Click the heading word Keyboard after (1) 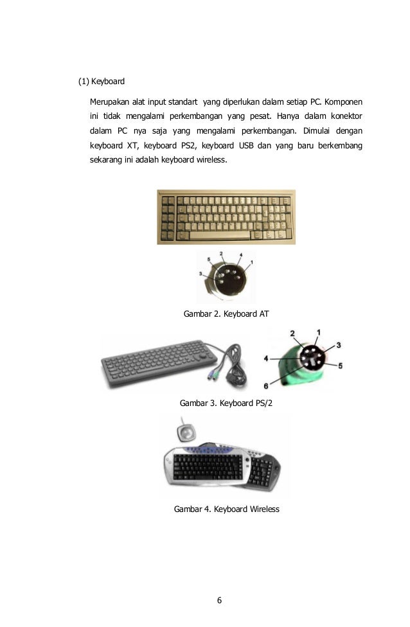click(108, 82)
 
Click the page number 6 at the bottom click(219, 601)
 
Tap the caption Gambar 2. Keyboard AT click(226, 314)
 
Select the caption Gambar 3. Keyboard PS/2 click(231, 404)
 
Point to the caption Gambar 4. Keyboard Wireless click(226, 509)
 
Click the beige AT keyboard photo click(226, 216)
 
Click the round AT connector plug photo click(226, 277)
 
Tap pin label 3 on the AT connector click(201, 274)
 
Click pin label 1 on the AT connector click(251, 262)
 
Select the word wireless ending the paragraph click(211, 159)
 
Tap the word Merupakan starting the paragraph click(110, 103)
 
